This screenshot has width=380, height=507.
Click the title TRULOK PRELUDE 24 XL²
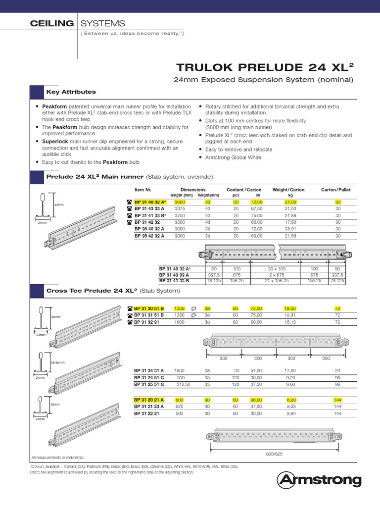pos(266,67)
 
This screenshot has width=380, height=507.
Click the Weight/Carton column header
pos(288,190)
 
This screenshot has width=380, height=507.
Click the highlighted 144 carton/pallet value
pos(337,400)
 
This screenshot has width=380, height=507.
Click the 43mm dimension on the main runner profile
pos(59,204)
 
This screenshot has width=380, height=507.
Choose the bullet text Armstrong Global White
pos(233,157)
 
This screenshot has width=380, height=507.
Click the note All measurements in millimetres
pos(57,457)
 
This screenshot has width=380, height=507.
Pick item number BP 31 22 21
pos(145,413)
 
